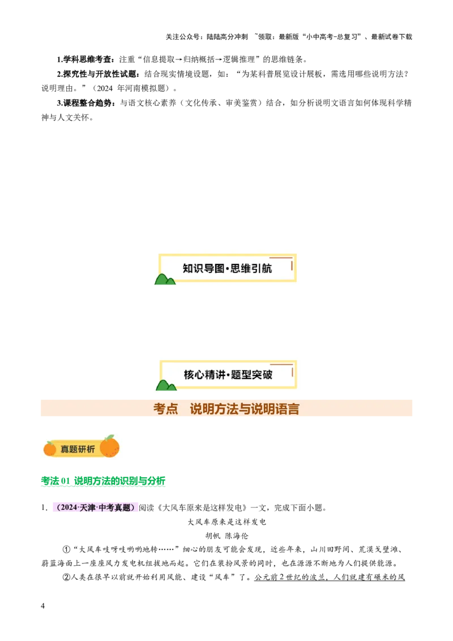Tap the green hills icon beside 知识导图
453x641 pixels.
point(165,279)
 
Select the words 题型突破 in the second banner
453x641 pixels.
point(251,375)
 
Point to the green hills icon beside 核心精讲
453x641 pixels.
point(165,386)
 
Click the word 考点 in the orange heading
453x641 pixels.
point(165,409)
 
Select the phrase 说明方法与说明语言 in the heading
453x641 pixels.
point(245,409)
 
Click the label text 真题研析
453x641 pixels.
point(78,449)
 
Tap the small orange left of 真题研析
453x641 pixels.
point(50,449)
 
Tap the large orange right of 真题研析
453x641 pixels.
point(110,447)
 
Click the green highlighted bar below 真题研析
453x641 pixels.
point(104,482)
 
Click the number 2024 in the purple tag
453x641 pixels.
point(69,508)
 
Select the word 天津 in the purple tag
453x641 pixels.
point(88,508)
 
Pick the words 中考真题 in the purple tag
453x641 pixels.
point(115,508)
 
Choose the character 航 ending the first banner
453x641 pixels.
point(267,268)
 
